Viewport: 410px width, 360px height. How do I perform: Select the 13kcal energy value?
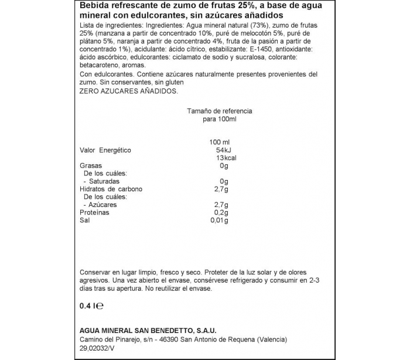[x=225, y=158]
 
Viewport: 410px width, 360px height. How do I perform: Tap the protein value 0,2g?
[x=219, y=212]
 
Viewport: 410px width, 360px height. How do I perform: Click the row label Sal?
[x=84, y=220]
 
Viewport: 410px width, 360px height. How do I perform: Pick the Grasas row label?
[x=90, y=166]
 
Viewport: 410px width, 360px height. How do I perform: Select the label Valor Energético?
[x=105, y=151]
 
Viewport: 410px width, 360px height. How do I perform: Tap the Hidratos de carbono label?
[x=111, y=189]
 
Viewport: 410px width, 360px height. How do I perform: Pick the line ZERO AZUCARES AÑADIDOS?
[x=127, y=91]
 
